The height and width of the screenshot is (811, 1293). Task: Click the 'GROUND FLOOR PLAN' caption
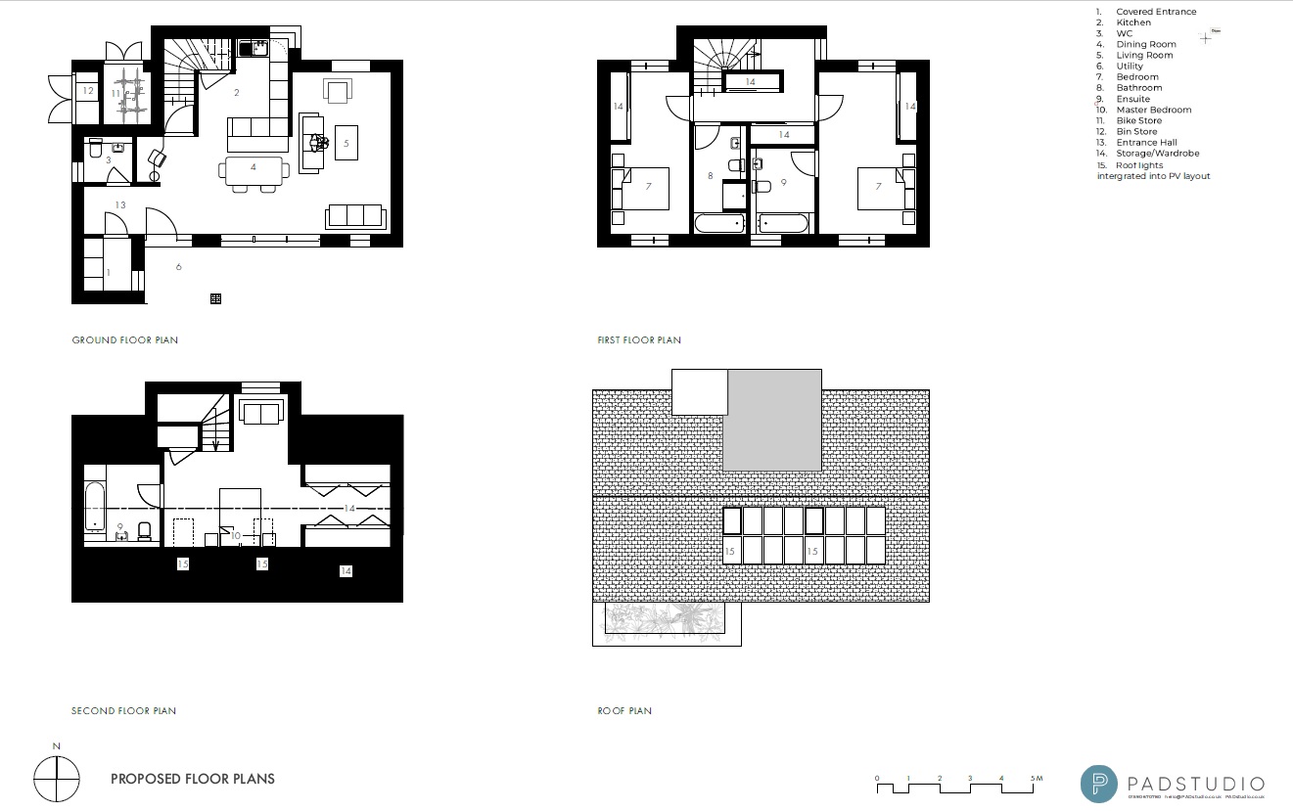tap(125, 340)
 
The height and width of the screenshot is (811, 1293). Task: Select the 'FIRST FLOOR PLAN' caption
tap(639, 340)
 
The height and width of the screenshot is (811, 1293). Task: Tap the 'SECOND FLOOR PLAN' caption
tap(124, 711)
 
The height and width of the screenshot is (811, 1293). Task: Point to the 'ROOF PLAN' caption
tap(624, 711)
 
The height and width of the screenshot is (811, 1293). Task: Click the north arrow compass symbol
tap(56, 781)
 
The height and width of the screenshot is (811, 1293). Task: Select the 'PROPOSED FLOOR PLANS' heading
tap(193, 780)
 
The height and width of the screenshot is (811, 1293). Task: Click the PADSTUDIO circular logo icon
tap(1099, 784)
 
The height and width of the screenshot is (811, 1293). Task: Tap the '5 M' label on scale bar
tap(1037, 779)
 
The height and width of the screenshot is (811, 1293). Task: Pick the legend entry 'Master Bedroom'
tap(1154, 110)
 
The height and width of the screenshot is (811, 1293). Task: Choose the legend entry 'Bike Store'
tap(1139, 121)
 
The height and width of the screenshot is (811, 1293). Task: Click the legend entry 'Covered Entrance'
tap(1156, 12)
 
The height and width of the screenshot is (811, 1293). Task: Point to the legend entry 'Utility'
tap(1130, 67)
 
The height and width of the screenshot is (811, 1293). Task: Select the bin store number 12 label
tap(88, 91)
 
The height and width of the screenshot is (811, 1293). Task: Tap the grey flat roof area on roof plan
tap(773, 421)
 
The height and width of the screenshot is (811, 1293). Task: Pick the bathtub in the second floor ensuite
tap(95, 506)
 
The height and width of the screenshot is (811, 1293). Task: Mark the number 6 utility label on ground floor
tap(179, 266)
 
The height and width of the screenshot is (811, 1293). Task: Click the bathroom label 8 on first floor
tap(711, 176)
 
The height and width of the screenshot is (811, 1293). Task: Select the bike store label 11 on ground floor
tap(115, 93)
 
